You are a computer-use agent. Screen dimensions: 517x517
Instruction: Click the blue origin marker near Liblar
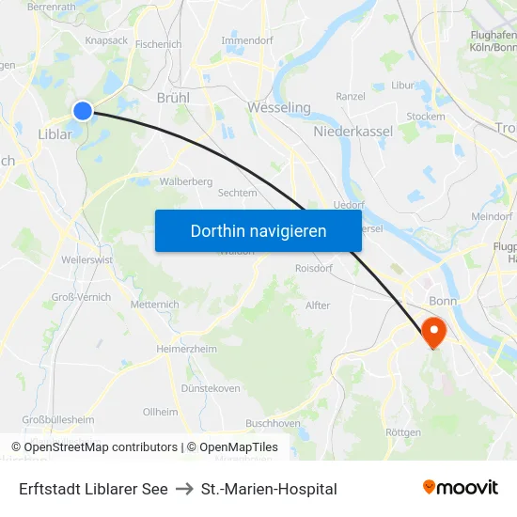83,111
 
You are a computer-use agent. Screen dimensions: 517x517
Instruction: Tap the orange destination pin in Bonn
433,331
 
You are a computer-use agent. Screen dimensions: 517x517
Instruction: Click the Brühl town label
173,98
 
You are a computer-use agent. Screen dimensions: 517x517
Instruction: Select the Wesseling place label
279,108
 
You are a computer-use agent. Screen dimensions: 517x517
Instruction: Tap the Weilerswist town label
86,258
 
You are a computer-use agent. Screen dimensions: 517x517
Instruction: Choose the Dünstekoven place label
210,387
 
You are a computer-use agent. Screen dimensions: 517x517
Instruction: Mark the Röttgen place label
403,432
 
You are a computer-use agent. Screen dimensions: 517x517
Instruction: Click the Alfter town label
318,305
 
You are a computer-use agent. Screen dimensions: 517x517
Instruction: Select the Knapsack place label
106,41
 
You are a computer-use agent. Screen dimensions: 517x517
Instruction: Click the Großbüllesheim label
57,420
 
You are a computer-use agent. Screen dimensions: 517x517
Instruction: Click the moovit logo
460,487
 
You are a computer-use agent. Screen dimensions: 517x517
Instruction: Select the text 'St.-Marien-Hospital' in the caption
269,489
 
